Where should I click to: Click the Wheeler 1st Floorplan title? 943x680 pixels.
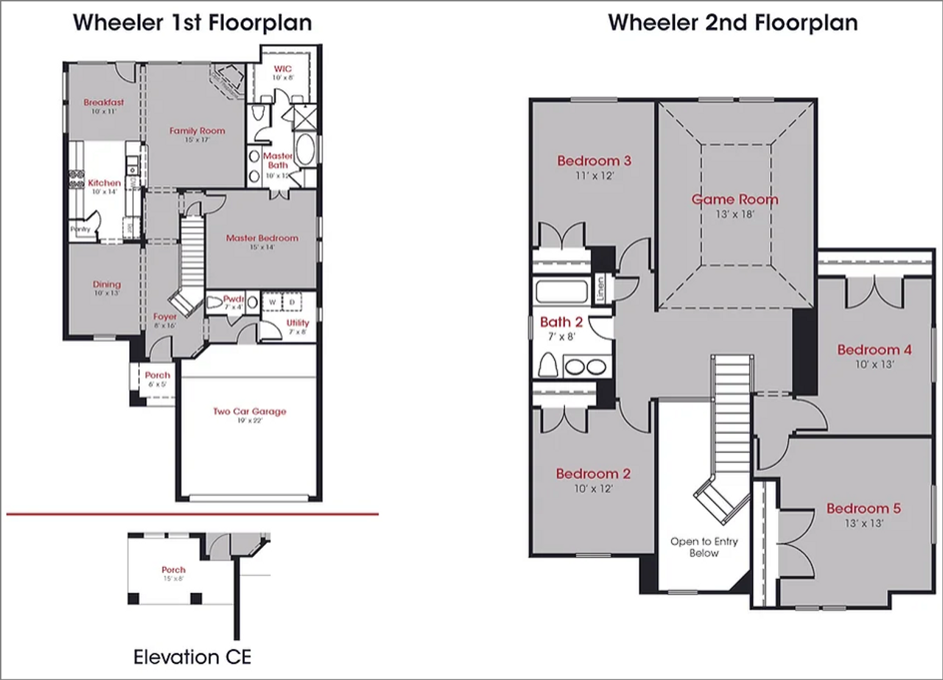pyautogui.click(x=192, y=22)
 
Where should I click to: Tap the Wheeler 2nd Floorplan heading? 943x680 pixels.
pyautogui.click(x=732, y=22)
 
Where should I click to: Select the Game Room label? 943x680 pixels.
pyautogui.click(x=735, y=199)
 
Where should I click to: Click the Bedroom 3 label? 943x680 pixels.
pyautogui.click(x=594, y=161)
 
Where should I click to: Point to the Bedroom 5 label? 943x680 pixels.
pyautogui.click(x=863, y=509)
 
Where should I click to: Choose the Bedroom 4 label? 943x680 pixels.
pyautogui.click(x=874, y=350)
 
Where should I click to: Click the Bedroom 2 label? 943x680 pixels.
pyautogui.click(x=593, y=474)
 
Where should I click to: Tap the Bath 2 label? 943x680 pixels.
pyautogui.click(x=561, y=323)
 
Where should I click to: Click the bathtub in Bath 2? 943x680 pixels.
pyautogui.click(x=561, y=291)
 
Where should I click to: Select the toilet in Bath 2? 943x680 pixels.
pyautogui.click(x=548, y=365)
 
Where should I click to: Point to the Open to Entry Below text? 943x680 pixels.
pyautogui.click(x=704, y=547)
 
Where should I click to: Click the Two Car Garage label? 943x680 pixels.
pyautogui.click(x=249, y=412)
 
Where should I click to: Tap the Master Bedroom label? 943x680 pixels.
pyautogui.click(x=262, y=238)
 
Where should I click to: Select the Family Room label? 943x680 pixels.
pyautogui.click(x=197, y=131)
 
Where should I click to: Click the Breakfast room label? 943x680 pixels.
pyautogui.click(x=103, y=102)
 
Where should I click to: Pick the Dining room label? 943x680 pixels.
pyautogui.click(x=107, y=284)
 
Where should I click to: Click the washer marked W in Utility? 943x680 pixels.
pyautogui.click(x=271, y=302)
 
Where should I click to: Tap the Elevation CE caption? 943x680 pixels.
pyautogui.click(x=192, y=656)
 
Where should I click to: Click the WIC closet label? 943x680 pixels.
pyautogui.click(x=282, y=69)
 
